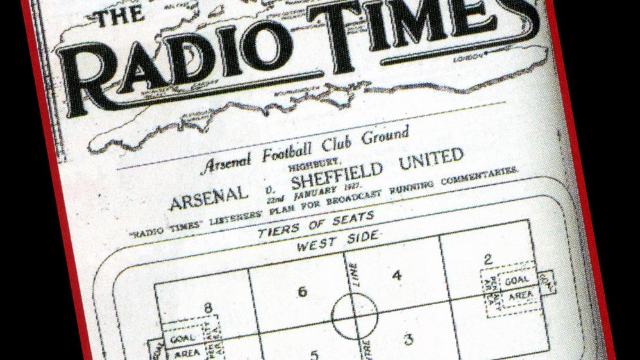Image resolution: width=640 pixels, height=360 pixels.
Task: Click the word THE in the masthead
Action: pyautogui.click(x=114, y=19)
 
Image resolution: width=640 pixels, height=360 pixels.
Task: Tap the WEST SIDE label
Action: pyautogui.click(x=337, y=243)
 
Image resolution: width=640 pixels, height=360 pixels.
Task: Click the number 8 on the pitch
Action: pyautogui.click(x=208, y=308)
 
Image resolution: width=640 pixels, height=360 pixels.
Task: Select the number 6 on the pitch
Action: pyautogui.click(x=301, y=292)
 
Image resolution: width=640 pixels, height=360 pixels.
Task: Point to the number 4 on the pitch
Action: pyautogui.click(x=397, y=275)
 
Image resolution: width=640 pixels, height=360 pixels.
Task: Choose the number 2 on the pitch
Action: pyautogui.click(x=489, y=259)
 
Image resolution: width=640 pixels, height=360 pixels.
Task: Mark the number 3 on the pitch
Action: pyautogui.click(x=408, y=339)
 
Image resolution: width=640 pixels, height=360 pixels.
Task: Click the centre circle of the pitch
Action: pyautogui.click(x=354, y=316)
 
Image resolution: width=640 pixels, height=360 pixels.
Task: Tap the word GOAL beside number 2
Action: pyautogui.click(x=516, y=280)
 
